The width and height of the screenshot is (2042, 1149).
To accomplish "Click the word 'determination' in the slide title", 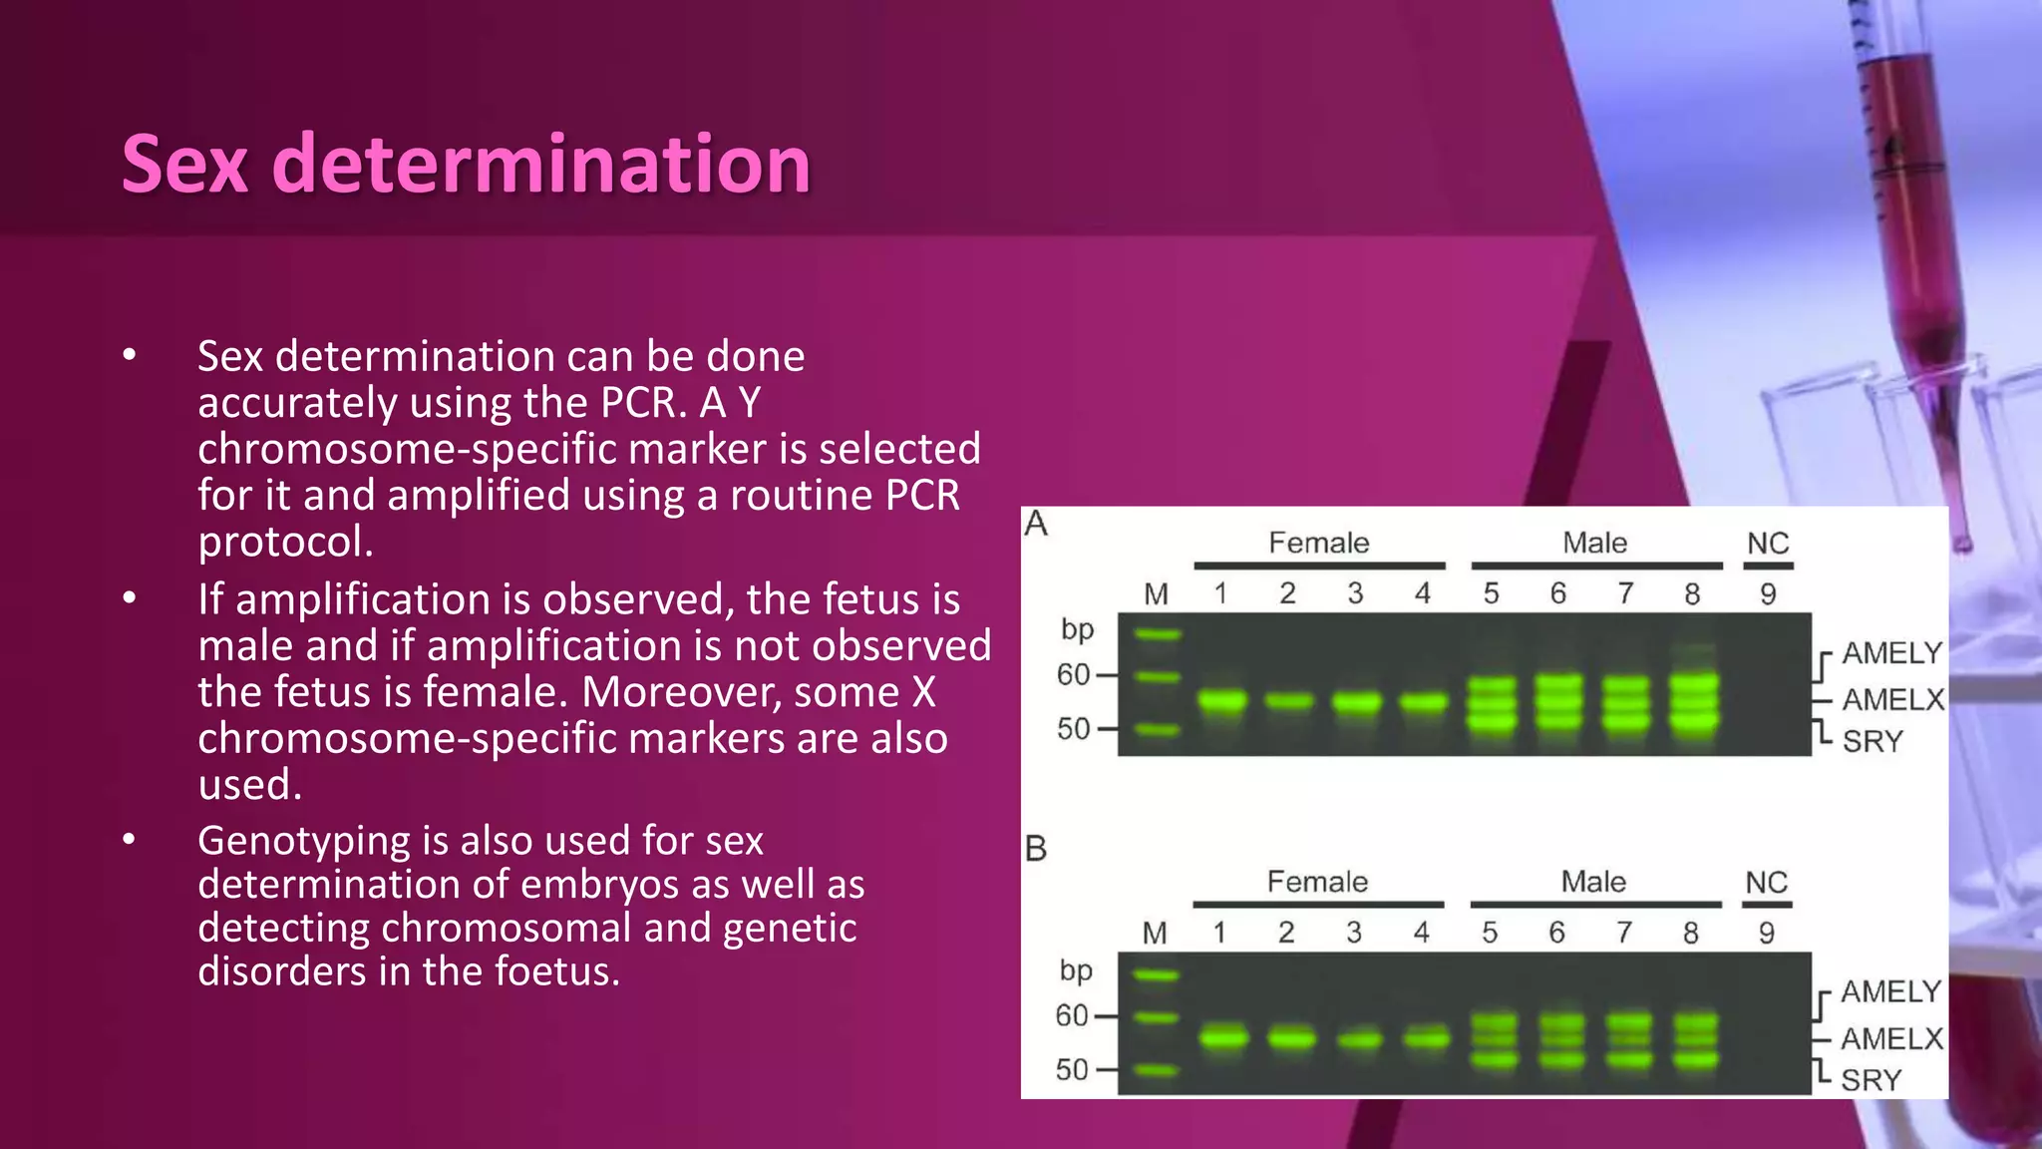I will click(541, 165).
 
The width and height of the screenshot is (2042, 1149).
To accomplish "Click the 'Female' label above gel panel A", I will click(1318, 543).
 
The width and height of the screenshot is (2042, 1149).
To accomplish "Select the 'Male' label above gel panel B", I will click(1592, 882).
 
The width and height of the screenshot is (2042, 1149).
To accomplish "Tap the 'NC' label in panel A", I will click(1768, 544).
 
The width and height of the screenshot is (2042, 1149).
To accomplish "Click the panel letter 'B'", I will click(1036, 849).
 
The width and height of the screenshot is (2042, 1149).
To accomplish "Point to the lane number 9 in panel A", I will click(1768, 594).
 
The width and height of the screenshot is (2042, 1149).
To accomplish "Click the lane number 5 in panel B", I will click(1490, 933).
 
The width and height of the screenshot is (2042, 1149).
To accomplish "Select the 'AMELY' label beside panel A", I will click(1891, 653).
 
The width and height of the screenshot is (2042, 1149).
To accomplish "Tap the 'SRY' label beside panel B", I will click(1871, 1080).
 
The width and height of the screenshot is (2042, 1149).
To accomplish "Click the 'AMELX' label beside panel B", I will click(1891, 1039).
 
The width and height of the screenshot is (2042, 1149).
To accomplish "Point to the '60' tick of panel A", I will click(1074, 675).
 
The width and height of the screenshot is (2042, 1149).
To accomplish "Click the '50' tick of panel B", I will click(1072, 1070).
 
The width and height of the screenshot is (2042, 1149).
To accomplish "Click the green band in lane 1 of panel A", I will click(1221, 700).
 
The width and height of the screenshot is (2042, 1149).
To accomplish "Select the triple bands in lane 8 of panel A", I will click(1693, 703).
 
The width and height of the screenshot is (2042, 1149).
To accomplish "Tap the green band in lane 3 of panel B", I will click(1355, 1040).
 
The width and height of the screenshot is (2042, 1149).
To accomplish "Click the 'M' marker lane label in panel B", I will click(1155, 934).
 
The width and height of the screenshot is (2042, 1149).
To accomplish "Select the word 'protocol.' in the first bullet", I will click(285, 542).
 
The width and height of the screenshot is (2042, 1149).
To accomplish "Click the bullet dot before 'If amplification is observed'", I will click(129, 598).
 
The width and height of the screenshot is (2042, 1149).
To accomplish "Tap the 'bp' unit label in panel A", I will click(1077, 629).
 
